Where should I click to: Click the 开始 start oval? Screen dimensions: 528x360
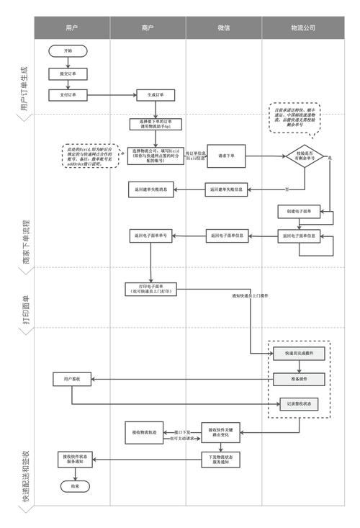coord(68,51)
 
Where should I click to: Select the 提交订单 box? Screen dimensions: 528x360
coord(68,73)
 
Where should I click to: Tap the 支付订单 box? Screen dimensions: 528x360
coord(68,94)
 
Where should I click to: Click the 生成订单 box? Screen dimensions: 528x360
coord(156,94)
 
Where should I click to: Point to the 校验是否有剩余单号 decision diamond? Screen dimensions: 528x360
coord(302,156)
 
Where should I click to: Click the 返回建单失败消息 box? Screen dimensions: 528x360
coord(150,190)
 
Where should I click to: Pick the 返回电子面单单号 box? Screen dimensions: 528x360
coord(150,236)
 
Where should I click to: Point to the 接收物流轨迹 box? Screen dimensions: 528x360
coord(148,434)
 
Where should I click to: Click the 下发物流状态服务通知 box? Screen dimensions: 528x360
coord(222,460)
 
